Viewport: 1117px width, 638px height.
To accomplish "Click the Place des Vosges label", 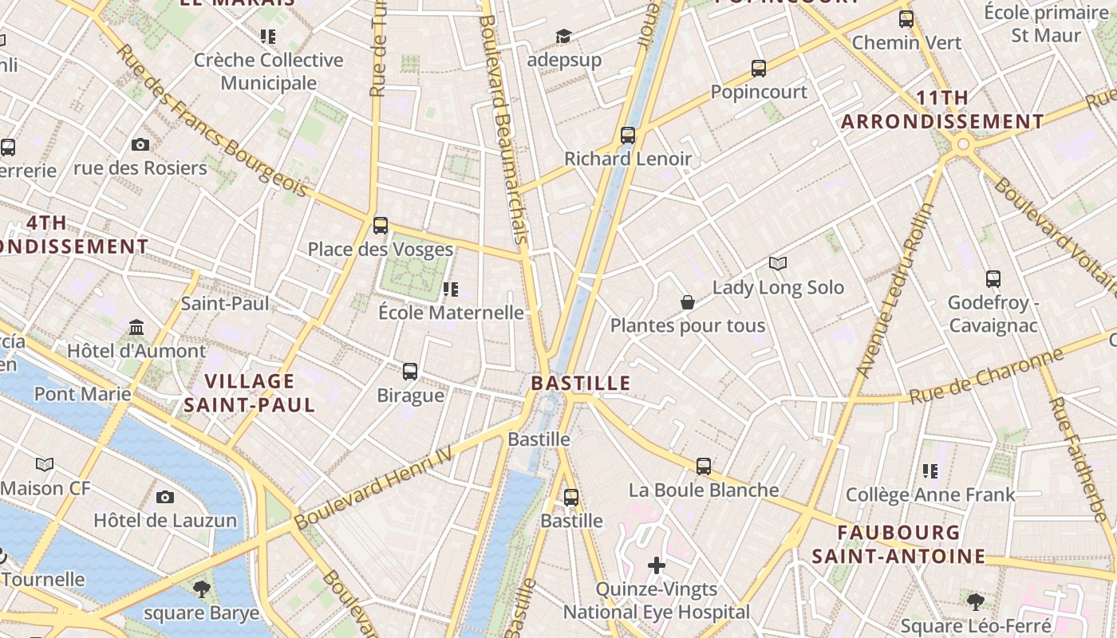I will [381, 249].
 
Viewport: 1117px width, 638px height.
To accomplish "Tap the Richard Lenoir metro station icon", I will [628, 136].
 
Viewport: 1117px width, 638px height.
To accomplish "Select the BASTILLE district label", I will [581, 383].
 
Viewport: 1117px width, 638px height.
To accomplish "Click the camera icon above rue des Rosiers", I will [140, 144].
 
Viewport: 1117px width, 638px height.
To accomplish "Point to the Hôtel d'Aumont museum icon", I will [136, 328].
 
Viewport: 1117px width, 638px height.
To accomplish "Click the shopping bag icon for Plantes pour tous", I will [687, 302].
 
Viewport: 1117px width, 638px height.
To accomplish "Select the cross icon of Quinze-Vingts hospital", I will [657, 566].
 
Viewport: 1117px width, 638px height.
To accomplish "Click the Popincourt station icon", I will [758, 69].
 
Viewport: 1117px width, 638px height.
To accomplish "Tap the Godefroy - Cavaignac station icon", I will [993, 279].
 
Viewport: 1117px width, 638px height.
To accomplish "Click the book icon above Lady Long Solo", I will [778, 263].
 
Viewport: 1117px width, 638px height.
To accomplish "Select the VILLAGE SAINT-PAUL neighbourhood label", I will [250, 393].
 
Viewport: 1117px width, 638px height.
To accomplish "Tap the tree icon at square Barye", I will [201, 589].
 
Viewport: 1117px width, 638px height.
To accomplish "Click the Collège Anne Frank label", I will [930, 494].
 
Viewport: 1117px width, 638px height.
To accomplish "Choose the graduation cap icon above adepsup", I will [563, 36].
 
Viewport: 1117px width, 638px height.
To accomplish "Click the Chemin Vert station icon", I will [906, 19].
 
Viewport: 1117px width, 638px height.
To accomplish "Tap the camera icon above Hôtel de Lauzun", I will [165, 497].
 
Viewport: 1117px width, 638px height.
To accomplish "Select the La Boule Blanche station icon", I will [703, 467].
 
